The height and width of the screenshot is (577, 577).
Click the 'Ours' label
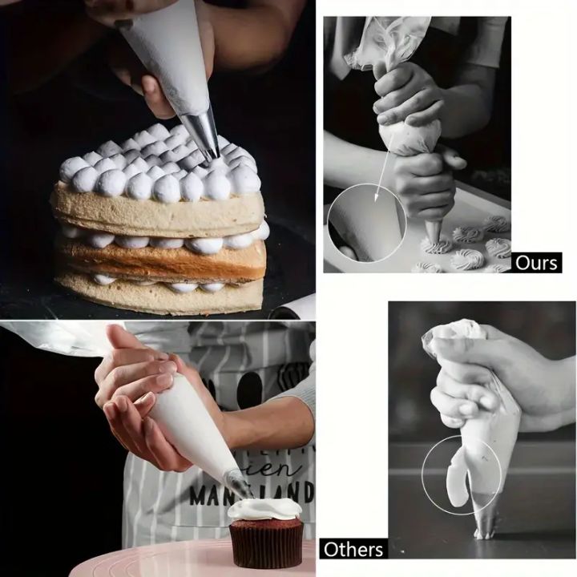535,262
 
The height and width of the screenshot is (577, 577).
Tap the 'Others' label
353,550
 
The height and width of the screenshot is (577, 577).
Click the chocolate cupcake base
266,542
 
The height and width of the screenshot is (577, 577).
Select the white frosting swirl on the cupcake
264,506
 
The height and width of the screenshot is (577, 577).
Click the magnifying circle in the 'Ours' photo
367,222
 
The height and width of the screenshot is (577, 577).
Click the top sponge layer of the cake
156,210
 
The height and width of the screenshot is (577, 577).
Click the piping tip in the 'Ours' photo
434,232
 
